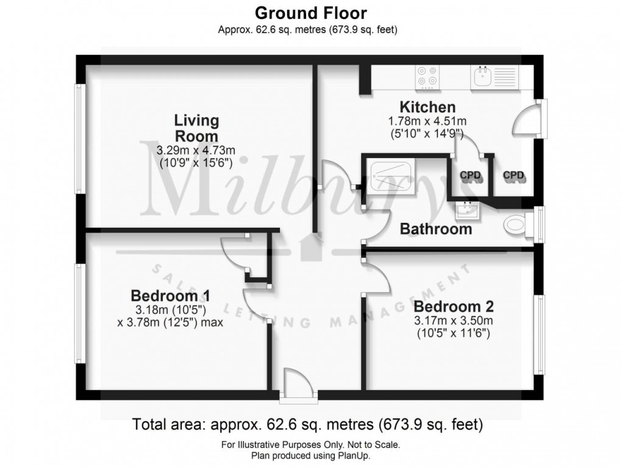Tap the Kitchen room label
(x=427, y=107)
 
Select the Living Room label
(x=196, y=128)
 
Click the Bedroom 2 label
(x=453, y=306)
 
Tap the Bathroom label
(x=435, y=230)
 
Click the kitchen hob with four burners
(x=427, y=75)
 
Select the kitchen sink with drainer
(x=494, y=76)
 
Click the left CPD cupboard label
(x=470, y=176)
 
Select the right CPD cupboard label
(x=514, y=176)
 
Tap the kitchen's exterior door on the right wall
(x=526, y=119)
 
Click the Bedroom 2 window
(x=539, y=335)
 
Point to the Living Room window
(x=79, y=139)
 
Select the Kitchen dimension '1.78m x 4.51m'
(x=427, y=121)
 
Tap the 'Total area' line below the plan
(x=307, y=423)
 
